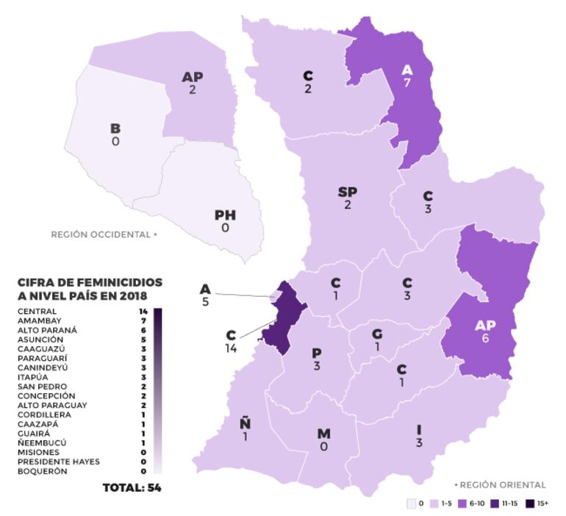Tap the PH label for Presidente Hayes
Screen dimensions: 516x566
pos(225,215)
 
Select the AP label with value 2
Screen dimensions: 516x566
pos(193,76)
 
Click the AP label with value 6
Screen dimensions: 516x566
pos(485,326)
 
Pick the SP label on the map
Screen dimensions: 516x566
pos(348,193)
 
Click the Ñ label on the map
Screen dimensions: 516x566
pos(244,423)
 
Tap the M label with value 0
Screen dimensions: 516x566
pos(323,434)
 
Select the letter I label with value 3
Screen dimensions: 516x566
pos(418,429)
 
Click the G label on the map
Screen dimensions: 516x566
pos(376,334)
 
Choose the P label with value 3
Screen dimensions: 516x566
pos(316,354)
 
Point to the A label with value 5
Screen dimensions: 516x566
pos(205,290)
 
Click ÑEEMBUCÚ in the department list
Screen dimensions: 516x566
pos(42,443)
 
